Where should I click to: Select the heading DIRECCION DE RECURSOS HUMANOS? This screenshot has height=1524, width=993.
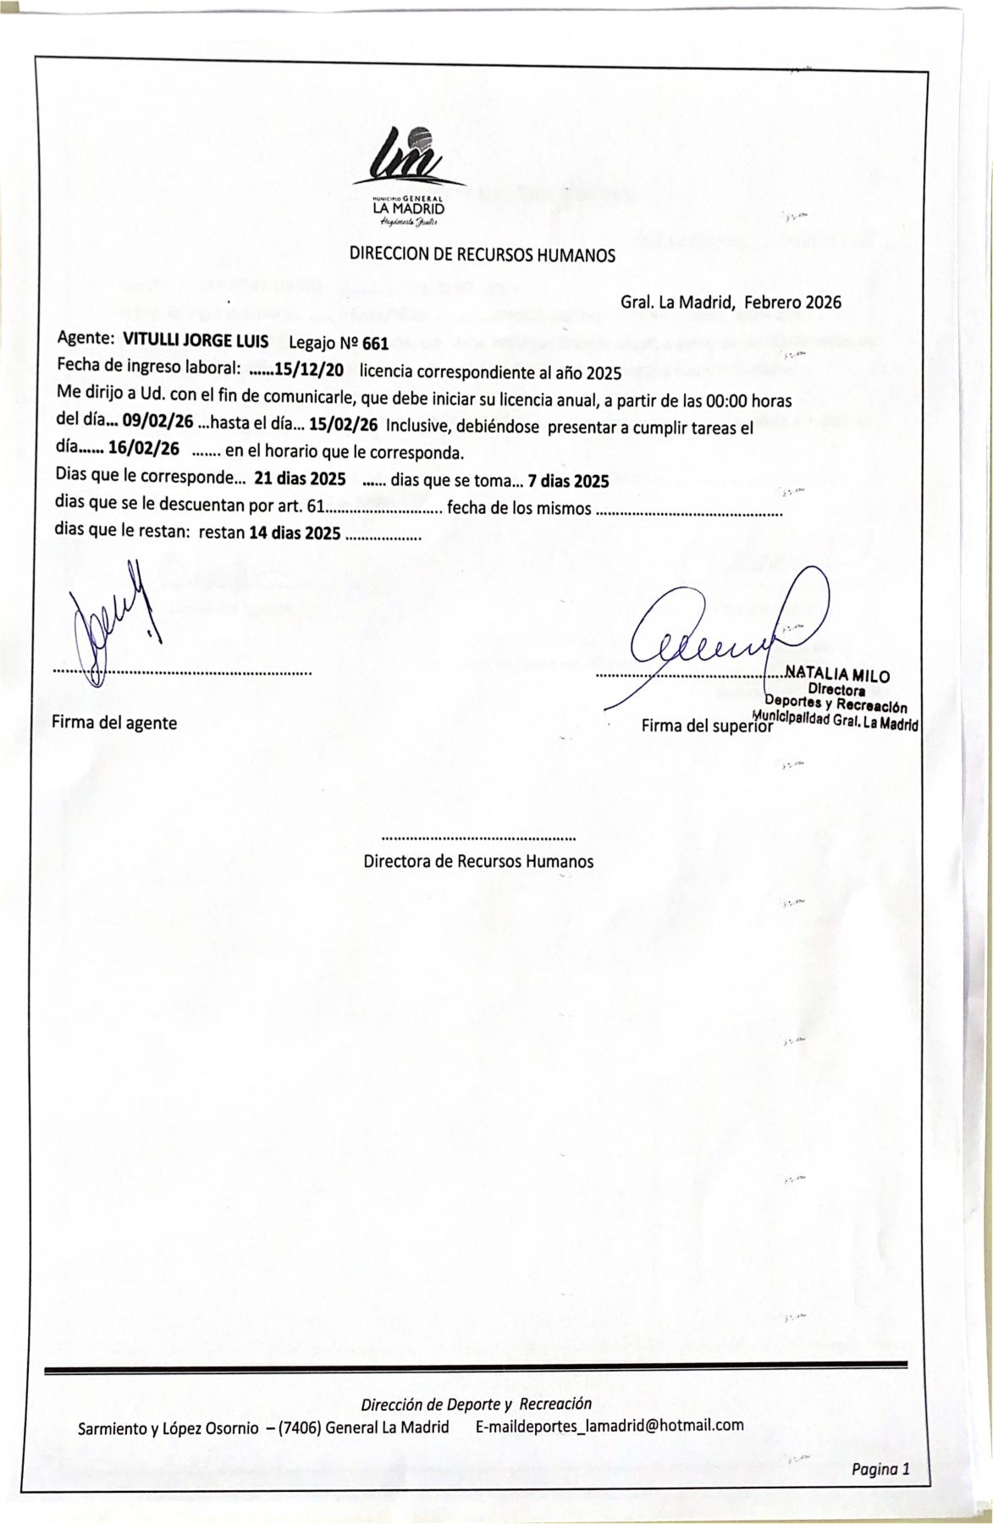483,255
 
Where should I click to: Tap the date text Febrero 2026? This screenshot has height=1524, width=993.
792,301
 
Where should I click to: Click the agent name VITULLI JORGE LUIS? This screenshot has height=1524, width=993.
196,341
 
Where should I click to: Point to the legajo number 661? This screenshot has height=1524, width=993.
375,344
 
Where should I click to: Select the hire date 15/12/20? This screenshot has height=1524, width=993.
309,370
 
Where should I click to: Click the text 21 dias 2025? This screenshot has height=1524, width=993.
300,478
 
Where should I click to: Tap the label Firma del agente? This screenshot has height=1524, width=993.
114,723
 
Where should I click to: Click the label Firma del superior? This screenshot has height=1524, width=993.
707,726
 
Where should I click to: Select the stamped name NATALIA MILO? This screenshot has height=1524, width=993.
837,675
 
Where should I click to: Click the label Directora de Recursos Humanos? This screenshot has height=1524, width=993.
478,862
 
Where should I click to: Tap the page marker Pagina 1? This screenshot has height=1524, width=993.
880,1469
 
